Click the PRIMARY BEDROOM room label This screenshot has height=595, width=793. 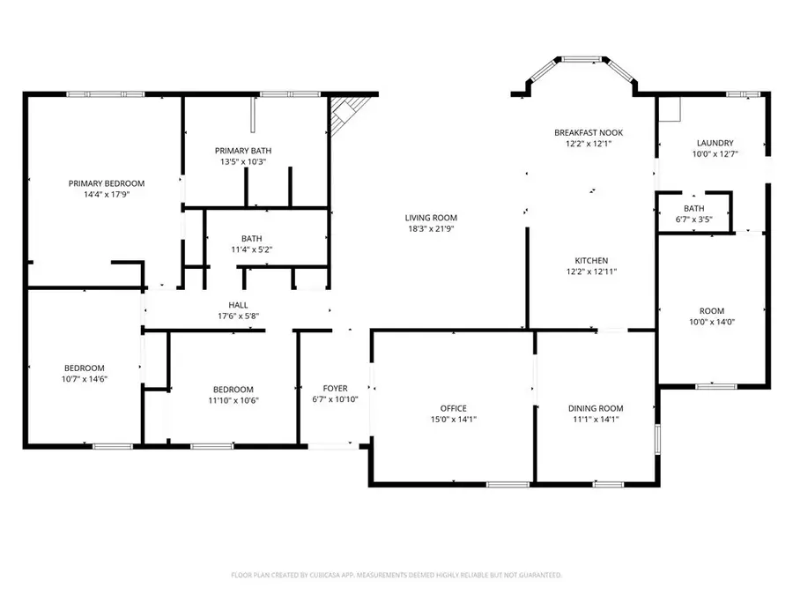[107, 183]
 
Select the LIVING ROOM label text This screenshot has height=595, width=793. [431, 218]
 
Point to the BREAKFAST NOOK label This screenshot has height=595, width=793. [582, 132]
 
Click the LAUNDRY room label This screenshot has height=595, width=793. [715, 143]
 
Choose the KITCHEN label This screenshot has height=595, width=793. [591, 261]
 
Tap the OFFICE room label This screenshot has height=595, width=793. [454, 408]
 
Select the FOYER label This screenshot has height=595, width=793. [335, 388]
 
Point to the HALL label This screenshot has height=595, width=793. [238, 305]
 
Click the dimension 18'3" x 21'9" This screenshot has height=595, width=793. [431, 229]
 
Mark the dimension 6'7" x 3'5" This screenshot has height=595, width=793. [693, 219]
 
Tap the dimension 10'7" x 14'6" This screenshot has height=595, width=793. [84, 379]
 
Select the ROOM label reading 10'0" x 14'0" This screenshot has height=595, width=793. [711, 311]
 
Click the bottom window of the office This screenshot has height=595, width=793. [508, 484]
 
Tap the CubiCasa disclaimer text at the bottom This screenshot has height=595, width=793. [396, 575]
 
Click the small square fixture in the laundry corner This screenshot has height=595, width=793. [671, 108]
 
